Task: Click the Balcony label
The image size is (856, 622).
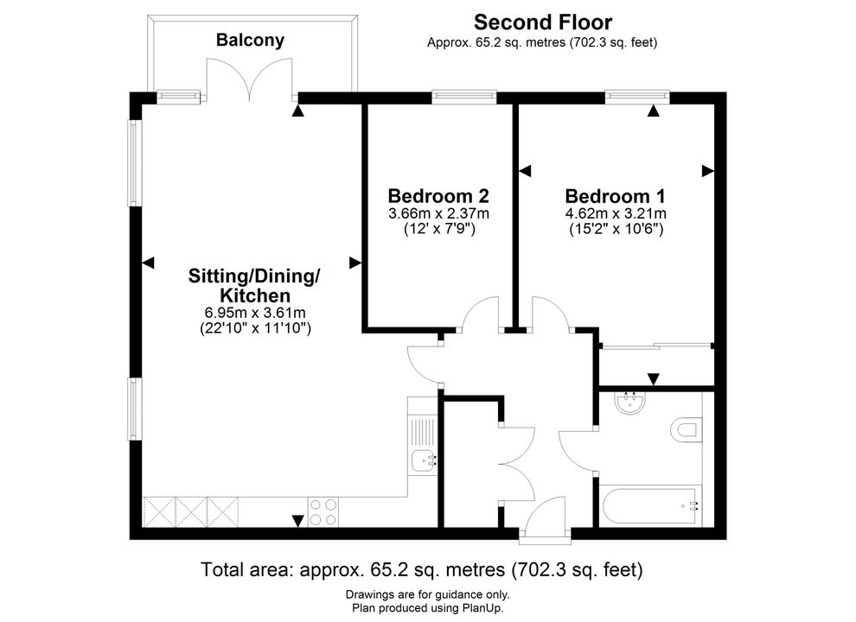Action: click(250, 41)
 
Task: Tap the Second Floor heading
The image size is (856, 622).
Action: click(543, 22)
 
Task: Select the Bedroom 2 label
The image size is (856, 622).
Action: click(438, 195)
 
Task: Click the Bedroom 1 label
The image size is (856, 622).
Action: click(616, 196)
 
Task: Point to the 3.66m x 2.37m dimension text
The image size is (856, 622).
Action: click(439, 213)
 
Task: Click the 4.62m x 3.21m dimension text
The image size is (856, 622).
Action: click(616, 213)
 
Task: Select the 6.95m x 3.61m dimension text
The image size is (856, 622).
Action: click(255, 314)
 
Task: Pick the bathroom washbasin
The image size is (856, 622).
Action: click(630, 403)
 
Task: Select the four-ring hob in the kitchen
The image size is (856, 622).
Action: click(323, 511)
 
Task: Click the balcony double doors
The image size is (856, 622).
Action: click(251, 79)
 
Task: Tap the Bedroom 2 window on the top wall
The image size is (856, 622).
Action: click(464, 97)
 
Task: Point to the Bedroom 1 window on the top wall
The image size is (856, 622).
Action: click(637, 97)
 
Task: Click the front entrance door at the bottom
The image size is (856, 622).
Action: click(545, 521)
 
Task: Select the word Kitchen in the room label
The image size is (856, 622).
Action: click(255, 295)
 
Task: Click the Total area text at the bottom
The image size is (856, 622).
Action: click(422, 569)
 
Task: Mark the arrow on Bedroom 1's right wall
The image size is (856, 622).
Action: click(707, 171)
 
